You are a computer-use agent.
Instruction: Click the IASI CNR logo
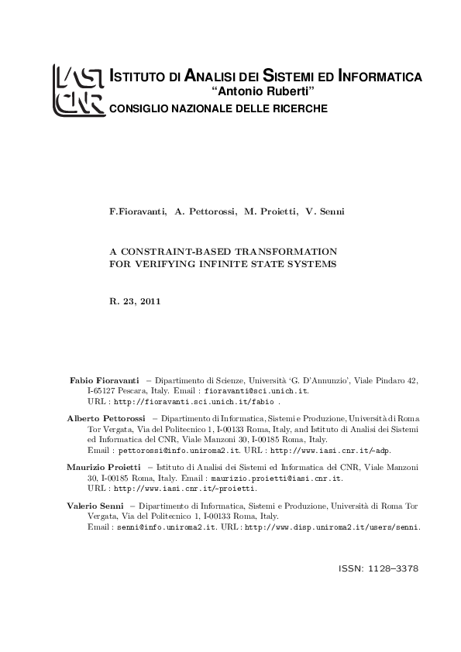pos(78,91)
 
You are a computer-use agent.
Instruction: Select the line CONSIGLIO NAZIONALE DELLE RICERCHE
pos(218,108)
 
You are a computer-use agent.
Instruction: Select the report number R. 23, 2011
pos(135,300)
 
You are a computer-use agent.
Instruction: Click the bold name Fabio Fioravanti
pos(105,382)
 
